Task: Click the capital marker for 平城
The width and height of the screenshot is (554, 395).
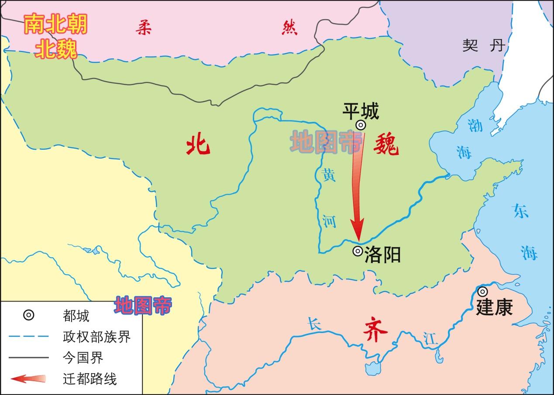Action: coord(360,125)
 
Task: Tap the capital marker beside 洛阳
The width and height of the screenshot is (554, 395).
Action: coord(358,251)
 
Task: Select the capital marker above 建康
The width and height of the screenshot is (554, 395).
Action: coord(482,292)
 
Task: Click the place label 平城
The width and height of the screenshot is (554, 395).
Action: coord(361,111)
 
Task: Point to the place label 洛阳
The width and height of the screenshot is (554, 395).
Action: coord(382,254)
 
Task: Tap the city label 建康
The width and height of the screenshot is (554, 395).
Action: coord(494,307)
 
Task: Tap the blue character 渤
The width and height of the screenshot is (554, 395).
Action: coord(475,126)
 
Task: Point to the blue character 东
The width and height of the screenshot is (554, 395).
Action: coord(521,212)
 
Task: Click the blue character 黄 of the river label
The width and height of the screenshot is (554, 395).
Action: coord(328,175)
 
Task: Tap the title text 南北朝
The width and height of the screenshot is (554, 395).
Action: coord(55,25)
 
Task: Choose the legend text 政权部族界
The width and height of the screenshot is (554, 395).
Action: coord(96,337)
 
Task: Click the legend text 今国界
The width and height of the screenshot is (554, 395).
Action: coord(83,358)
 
